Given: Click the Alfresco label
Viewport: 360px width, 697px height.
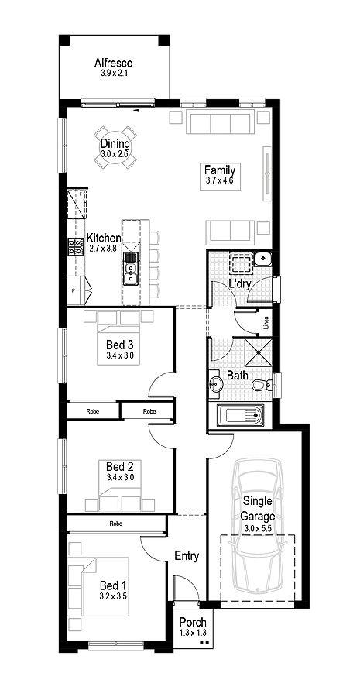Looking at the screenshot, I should coord(114,63).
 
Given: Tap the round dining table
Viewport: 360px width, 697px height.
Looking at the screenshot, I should coord(115,149).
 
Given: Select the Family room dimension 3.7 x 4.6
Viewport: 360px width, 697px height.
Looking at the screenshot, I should coord(220,181).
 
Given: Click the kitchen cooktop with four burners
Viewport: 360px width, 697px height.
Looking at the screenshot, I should coord(77,247).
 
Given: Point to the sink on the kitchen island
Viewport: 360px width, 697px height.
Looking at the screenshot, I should coord(131,269).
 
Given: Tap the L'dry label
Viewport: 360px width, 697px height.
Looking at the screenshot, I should coord(240,285).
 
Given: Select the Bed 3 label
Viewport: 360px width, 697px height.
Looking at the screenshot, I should coord(120,345).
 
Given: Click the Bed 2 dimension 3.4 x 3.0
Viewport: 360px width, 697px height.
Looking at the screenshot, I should coord(120,478).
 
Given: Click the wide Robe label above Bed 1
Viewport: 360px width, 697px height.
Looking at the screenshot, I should coord(115,524).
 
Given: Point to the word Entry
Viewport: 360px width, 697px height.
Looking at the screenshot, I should coord(187,556).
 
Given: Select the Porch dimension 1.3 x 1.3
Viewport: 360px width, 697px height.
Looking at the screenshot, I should coord(192,633).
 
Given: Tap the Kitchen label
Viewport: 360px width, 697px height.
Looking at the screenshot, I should coord(103,238).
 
